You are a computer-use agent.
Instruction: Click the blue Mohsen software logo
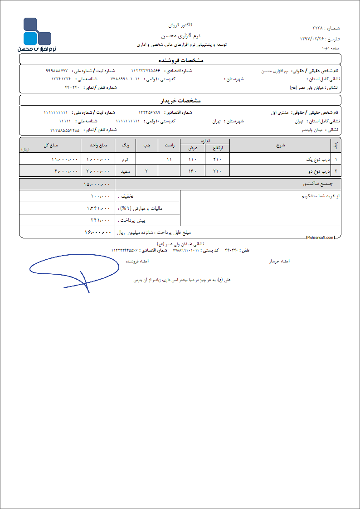coord(37,34)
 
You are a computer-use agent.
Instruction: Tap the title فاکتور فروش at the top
coord(180,24)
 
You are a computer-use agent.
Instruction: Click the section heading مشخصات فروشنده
coord(180,59)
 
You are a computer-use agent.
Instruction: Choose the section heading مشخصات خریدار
coord(180,100)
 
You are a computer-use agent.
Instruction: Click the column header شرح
coord(280,145)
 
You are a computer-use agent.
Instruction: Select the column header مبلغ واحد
coord(98,145)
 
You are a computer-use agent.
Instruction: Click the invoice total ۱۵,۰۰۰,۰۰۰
coord(97,184)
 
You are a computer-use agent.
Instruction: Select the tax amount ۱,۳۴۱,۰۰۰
coord(98,208)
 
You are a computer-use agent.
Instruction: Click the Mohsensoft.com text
coord(321,237)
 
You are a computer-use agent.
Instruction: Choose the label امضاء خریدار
coord(280,262)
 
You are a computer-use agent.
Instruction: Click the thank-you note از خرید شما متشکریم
coord(320,196)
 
